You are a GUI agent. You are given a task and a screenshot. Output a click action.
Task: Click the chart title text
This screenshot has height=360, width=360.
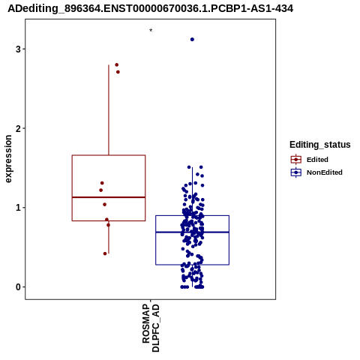(x=150, y=8)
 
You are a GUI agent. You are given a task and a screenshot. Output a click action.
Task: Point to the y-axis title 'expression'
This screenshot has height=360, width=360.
(x=8, y=159)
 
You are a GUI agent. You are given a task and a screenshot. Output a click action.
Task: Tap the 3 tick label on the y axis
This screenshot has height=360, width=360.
(x=18, y=49)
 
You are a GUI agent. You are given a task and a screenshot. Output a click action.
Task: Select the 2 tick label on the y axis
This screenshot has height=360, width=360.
(x=18, y=128)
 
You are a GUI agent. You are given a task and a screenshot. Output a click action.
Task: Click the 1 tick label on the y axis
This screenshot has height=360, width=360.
(x=18, y=208)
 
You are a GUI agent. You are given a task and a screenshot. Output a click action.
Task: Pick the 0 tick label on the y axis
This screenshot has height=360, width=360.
(x=18, y=287)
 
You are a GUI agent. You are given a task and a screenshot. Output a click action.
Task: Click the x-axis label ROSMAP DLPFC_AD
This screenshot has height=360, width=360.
(x=151, y=328)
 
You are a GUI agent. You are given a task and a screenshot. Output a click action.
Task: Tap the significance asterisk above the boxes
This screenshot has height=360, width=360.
(x=151, y=30)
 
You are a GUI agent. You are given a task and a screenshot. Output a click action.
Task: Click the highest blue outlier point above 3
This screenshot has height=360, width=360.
(x=192, y=39)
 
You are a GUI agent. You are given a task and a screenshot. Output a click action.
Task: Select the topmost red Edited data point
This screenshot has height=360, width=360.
(x=116, y=64)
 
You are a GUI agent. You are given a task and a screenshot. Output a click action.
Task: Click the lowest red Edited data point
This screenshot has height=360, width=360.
(x=105, y=253)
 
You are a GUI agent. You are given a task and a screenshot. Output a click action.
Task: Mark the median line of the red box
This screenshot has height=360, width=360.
(x=109, y=197)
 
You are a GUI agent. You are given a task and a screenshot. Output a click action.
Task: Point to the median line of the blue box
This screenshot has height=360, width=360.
(x=192, y=232)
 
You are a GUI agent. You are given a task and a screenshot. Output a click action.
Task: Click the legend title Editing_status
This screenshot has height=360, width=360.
(x=320, y=145)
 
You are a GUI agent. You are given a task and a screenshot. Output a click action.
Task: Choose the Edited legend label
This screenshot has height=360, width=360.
(x=317, y=160)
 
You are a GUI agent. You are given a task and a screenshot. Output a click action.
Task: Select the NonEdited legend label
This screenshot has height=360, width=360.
(x=325, y=172)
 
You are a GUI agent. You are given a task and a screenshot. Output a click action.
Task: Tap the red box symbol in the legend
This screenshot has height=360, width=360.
(x=296, y=160)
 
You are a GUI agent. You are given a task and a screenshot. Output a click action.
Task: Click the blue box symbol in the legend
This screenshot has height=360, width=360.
(x=296, y=172)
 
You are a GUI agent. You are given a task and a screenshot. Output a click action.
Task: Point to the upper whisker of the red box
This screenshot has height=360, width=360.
(x=109, y=110)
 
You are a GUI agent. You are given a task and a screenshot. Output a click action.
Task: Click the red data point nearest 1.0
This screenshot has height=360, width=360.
(x=104, y=205)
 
